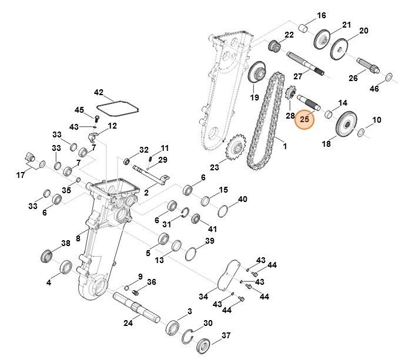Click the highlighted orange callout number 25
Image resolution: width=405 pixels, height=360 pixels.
pyautogui.click(x=304, y=119)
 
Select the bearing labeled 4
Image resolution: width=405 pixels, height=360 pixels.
pyautogui.click(x=66, y=267)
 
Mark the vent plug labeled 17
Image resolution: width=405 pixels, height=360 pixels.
pyautogui.click(x=29, y=159)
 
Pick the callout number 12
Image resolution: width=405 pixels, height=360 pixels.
pyautogui.click(x=112, y=126)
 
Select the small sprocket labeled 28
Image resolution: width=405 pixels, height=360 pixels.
pyautogui.click(x=289, y=94)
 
